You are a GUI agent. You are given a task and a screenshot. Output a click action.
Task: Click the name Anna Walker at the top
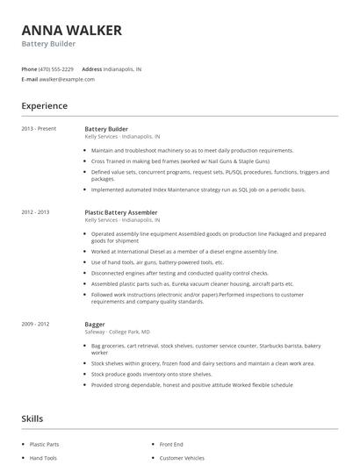tap(71, 30)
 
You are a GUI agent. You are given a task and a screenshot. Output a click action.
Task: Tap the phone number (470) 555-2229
tap(56, 68)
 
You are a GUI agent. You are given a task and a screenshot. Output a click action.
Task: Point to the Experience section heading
tap(44, 106)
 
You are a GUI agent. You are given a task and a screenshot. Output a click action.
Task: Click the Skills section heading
tap(32, 419)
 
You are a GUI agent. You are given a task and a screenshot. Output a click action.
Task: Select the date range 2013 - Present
tap(39, 129)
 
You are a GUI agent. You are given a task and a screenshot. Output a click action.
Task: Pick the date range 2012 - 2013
tap(35, 212)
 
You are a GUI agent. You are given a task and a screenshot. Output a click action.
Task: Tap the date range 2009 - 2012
tap(35, 325)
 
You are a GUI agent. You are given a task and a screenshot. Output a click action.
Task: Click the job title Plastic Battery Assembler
tap(121, 212)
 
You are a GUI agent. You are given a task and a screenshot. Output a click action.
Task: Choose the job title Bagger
tap(94, 325)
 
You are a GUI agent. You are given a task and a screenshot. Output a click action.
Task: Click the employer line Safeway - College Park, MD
tap(117, 333)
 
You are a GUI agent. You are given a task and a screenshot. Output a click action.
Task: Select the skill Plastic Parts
tap(44, 445)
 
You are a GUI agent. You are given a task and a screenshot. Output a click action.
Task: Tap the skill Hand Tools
tap(43, 458)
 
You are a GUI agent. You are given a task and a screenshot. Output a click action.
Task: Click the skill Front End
tap(171, 445)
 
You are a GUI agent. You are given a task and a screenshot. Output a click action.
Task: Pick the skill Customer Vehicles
tap(183, 458)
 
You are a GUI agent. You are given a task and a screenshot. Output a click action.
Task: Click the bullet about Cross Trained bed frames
tap(179, 161)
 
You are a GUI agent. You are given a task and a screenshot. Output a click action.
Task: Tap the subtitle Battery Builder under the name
tap(48, 44)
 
